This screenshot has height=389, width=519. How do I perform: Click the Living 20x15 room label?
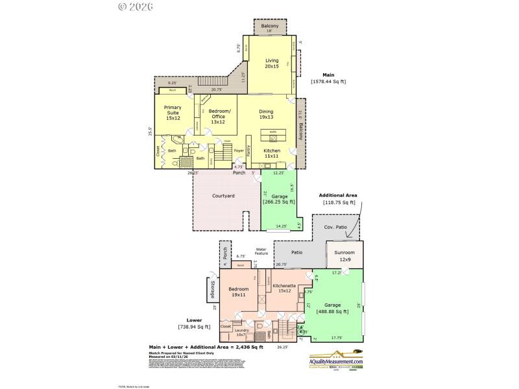click(x=271, y=63)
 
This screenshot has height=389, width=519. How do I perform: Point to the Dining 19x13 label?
click(x=266, y=114)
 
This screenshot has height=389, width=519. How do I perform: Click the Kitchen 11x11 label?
click(x=271, y=153)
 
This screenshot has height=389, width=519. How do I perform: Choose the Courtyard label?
click(x=223, y=196)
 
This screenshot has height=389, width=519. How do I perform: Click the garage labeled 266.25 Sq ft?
click(x=280, y=198)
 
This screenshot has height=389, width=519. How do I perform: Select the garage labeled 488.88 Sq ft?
click(x=332, y=308)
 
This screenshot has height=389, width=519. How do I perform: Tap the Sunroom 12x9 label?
click(x=344, y=257)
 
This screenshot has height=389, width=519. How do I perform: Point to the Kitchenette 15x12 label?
click(x=284, y=288)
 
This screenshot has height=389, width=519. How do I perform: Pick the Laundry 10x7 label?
click(x=242, y=332)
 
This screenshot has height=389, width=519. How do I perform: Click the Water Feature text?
click(x=261, y=251)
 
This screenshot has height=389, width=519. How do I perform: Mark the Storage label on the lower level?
click(x=213, y=289)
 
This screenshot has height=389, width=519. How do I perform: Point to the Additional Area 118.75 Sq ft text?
click(x=339, y=198)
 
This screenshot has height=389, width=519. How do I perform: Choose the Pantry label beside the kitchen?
click(x=249, y=150)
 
